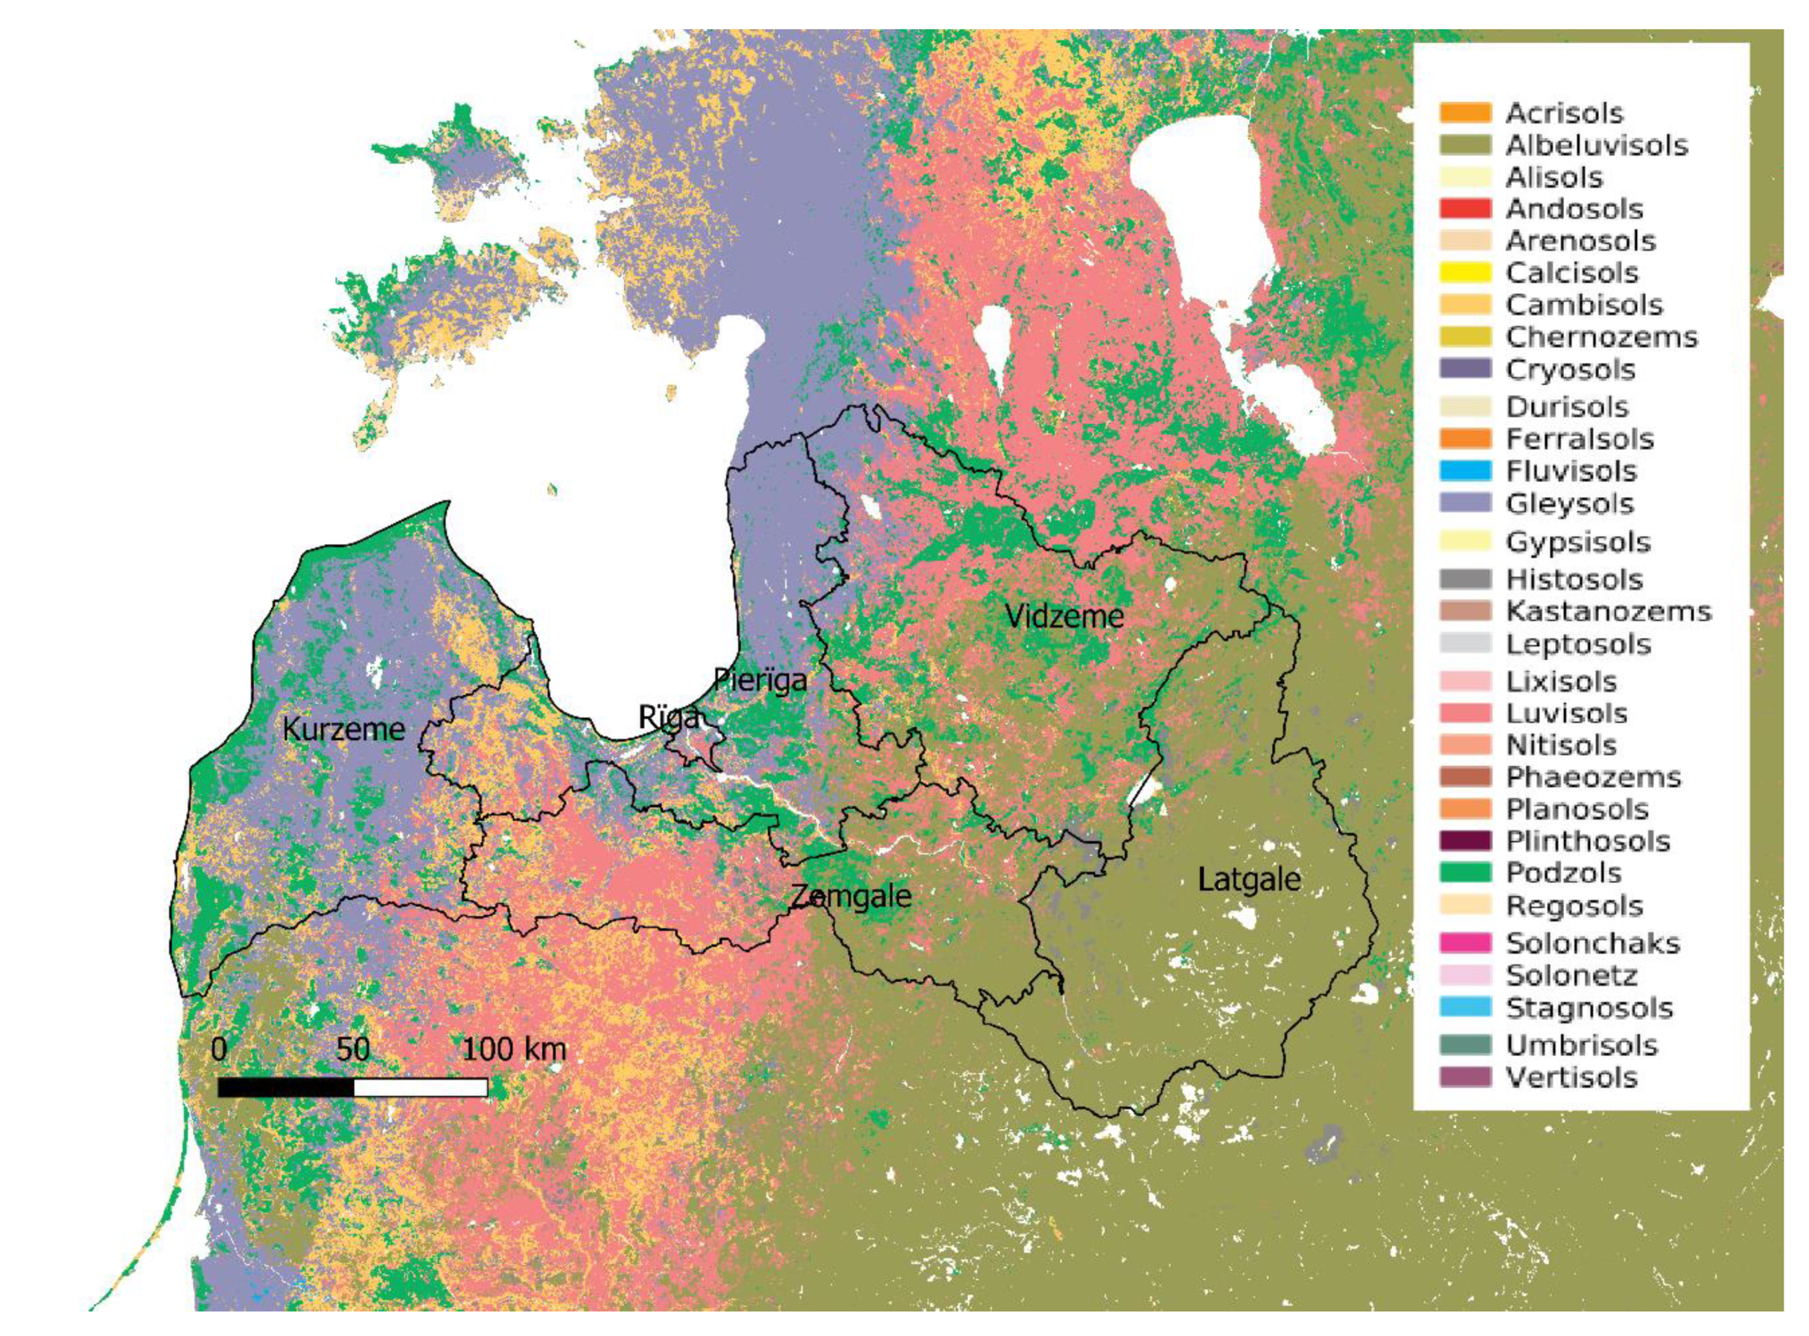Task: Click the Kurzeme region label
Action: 343,729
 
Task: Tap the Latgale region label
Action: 1249,879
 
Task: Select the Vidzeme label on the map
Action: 1064,617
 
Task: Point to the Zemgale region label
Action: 851,896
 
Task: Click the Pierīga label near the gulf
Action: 760,680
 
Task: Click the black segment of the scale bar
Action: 285,1088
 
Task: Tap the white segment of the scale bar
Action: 420,1088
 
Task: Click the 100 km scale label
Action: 514,1050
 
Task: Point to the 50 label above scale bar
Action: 352,1050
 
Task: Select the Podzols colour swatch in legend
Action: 1465,873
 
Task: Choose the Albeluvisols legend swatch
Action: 1465,145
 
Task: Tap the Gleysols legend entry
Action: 1569,504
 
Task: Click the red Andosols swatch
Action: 1465,209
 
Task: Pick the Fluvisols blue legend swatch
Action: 1465,471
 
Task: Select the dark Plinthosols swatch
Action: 1465,841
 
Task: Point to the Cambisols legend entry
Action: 1571,305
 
